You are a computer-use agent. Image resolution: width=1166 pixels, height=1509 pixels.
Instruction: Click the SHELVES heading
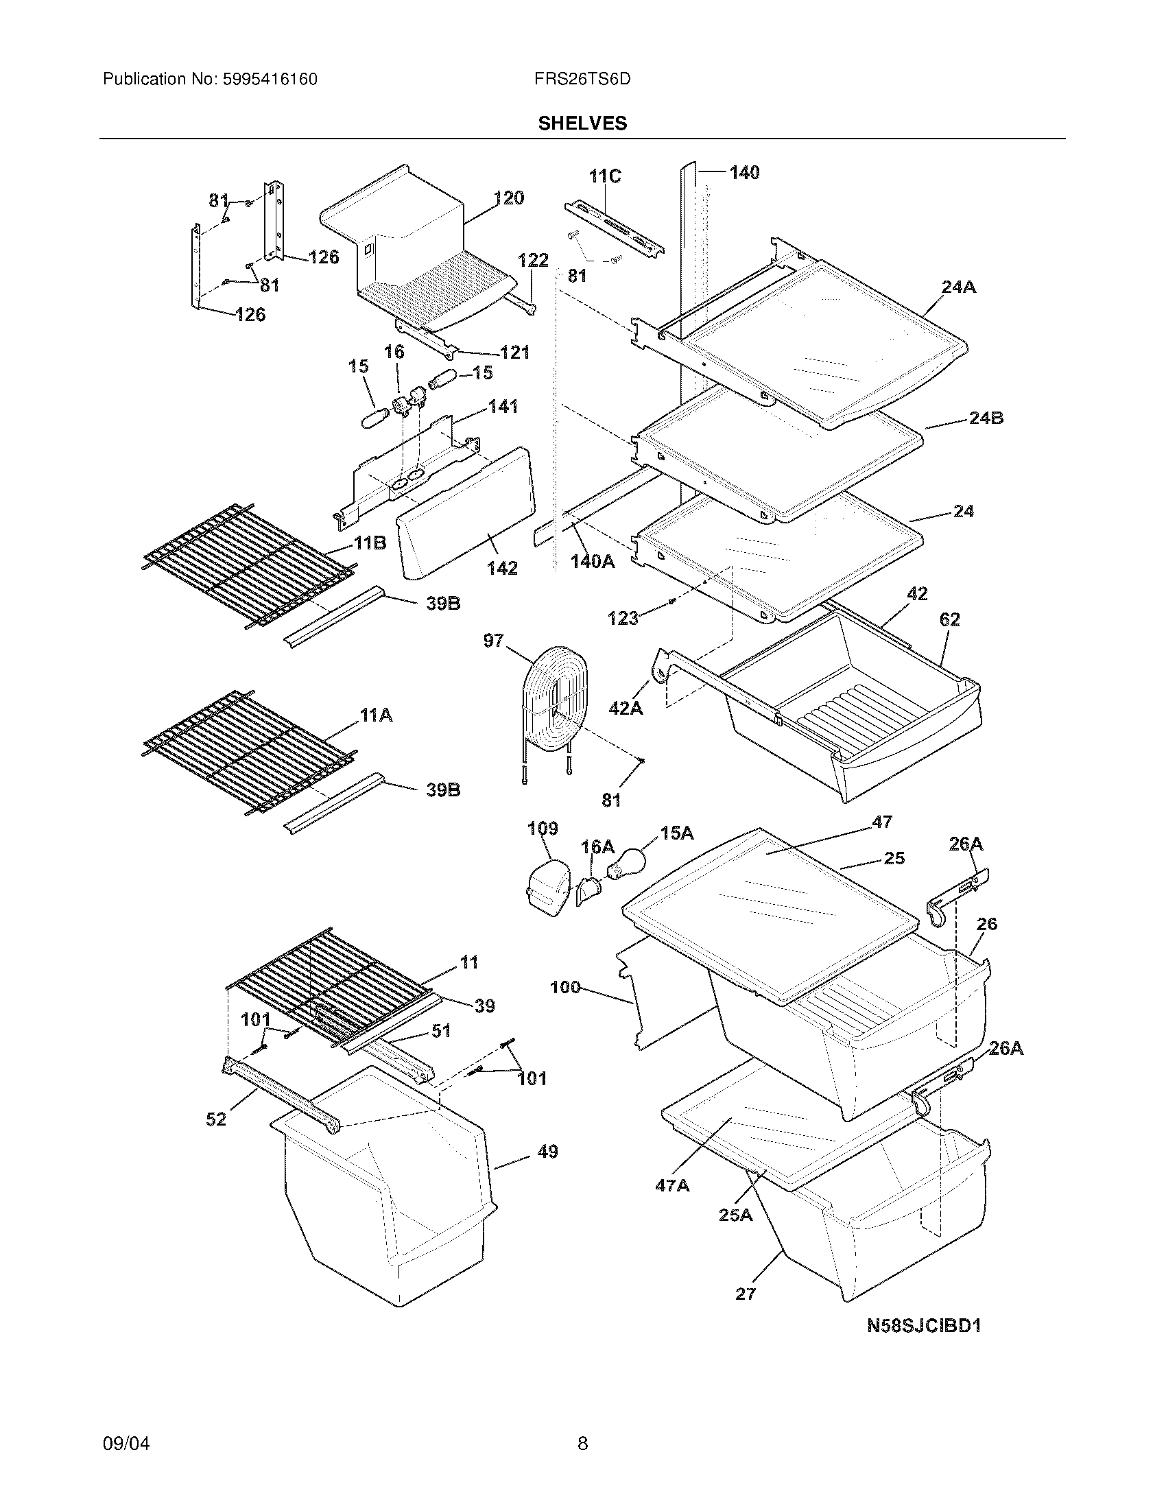(x=582, y=123)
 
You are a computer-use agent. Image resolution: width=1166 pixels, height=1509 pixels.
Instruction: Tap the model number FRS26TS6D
(x=582, y=80)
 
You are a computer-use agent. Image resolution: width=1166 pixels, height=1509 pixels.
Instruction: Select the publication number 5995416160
(x=270, y=80)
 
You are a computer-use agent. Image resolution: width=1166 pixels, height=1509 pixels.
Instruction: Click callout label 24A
(x=959, y=287)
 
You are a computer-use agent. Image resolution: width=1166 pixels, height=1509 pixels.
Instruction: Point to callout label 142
(x=502, y=568)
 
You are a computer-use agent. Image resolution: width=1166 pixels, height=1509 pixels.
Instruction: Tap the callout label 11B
(x=370, y=543)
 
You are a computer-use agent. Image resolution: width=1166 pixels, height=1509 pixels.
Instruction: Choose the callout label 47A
(x=672, y=1186)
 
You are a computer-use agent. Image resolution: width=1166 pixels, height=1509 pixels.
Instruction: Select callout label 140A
(x=593, y=561)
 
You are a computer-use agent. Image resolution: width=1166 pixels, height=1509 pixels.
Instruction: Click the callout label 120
(x=509, y=198)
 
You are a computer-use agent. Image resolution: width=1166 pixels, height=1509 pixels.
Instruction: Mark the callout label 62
(x=950, y=620)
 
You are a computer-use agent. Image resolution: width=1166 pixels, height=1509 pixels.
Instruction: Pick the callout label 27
(x=746, y=1294)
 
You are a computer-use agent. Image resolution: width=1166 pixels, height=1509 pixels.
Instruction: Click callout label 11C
(x=604, y=176)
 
